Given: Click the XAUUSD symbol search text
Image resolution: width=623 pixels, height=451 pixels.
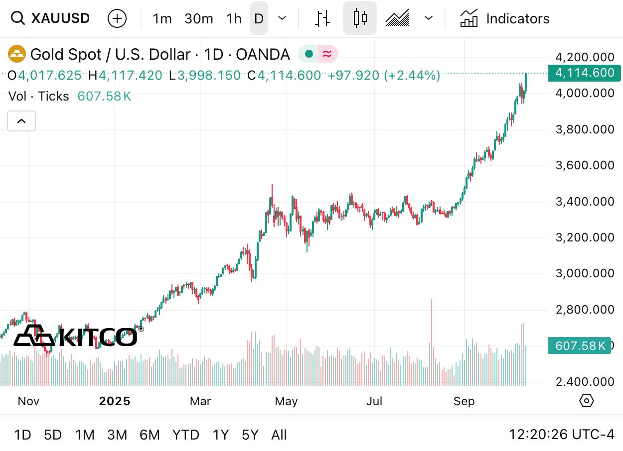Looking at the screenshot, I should (60, 19).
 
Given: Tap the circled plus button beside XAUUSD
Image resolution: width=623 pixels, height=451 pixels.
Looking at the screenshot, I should (117, 19).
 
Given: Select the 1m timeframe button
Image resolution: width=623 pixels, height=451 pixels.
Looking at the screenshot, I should (162, 19).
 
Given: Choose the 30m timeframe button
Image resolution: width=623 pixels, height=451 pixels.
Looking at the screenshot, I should (198, 19).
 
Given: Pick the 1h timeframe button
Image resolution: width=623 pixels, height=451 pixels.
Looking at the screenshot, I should (234, 19).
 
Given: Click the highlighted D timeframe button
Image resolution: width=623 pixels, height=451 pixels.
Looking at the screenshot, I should (259, 19).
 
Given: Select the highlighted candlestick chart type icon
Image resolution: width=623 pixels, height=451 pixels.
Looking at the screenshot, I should (359, 18).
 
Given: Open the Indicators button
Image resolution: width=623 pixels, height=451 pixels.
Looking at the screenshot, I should (505, 19).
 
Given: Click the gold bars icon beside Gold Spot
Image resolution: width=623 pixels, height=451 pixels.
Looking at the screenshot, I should (17, 54).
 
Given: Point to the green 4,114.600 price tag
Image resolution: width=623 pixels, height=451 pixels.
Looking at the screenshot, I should (584, 73).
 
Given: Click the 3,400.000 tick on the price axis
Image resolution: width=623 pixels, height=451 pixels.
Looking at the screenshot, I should (585, 202).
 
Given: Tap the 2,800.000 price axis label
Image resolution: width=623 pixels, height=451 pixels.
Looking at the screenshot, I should (585, 310).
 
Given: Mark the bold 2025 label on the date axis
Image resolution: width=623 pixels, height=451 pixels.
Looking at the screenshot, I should (115, 401).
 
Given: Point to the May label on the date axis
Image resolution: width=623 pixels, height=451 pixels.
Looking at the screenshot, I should (286, 401).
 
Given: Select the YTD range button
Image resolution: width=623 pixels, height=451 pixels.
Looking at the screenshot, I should (185, 435).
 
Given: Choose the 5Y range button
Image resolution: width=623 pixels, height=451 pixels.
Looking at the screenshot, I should (250, 435).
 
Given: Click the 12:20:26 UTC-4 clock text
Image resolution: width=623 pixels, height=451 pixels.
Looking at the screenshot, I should (561, 435).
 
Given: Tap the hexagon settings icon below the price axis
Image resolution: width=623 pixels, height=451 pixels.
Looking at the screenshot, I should (587, 401).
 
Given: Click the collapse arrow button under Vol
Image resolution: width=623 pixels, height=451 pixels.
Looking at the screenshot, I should (21, 121).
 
